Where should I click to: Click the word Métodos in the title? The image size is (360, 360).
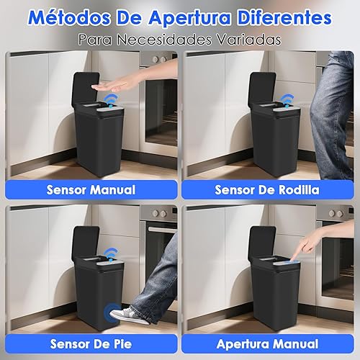[x=70, y=17]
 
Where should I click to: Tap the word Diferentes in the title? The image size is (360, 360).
[x=284, y=17]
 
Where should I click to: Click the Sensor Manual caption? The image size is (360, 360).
[x=91, y=190]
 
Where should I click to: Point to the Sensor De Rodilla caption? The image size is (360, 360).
[x=267, y=190]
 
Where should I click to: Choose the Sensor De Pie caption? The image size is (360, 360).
[x=91, y=344]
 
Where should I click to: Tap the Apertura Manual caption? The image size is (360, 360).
[x=267, y=344]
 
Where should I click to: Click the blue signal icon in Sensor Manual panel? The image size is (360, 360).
[x=112, y=100]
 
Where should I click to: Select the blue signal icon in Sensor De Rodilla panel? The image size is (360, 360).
[x=287, y=100]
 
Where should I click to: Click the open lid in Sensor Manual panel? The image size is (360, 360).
[x=86, y=89]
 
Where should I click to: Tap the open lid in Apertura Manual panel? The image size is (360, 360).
[x=262, y=243]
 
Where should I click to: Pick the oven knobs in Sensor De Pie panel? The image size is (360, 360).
[x=160, y=213]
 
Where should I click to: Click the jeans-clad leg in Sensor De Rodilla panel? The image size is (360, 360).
[x=333, y=115]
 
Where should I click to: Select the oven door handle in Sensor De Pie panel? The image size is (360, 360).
[x=163, y=230]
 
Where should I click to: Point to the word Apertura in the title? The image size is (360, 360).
[x=189, y=18]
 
